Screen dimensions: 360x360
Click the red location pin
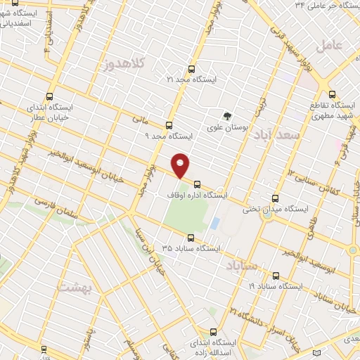[x=181, y=165]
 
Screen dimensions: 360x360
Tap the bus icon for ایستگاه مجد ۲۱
[x=191, y=69]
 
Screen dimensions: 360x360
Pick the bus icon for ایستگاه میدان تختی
[x=275, y=198]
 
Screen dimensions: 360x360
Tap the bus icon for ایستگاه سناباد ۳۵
[x=191, y=238]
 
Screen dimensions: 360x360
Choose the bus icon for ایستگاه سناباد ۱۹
[x=275, y=276]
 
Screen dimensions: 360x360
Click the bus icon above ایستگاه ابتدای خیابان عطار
[x=49, y=96]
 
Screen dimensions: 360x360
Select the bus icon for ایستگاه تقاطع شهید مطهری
[x=331, y=93]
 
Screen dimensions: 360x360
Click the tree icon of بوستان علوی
[x=226, y=116]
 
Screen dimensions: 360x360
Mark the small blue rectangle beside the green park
[x=214, y=224]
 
